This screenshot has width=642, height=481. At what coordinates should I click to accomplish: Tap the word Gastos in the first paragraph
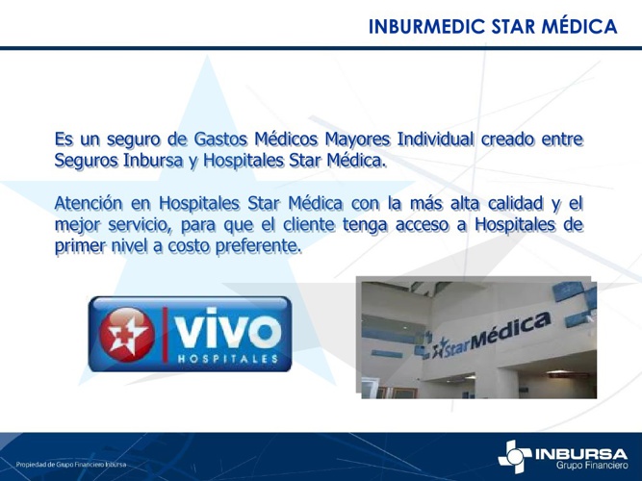coord(220,139)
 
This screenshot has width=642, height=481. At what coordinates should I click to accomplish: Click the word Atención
coord(89,203)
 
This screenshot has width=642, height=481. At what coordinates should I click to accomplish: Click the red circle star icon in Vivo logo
coord(127,334)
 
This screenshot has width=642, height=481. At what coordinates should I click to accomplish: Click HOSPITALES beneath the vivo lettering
coord(228,359)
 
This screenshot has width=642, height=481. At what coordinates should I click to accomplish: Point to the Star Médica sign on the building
coord(491,336)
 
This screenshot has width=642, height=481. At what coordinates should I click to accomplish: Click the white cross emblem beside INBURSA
coord(515,456)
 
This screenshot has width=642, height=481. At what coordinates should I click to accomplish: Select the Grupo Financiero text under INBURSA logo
coord(591,466)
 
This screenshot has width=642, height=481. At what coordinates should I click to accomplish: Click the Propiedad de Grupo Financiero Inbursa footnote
coord(71,465)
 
